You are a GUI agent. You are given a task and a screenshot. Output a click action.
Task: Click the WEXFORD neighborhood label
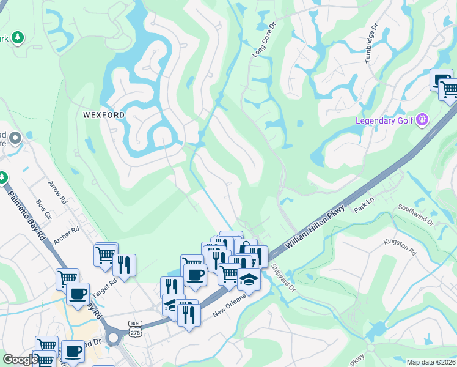[x=104, y=115]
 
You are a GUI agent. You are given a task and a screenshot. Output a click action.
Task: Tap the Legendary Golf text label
[x=384, y=120]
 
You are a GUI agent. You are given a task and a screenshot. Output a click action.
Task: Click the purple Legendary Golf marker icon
[x=422, y=120]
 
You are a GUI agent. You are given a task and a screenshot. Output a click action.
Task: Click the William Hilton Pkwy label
[x=316, y=226]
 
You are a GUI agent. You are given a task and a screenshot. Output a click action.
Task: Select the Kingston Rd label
[x=400, y=247]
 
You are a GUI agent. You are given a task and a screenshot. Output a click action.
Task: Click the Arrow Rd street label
[x=59, y=192]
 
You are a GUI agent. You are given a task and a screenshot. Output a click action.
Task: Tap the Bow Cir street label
[x=43, y=208]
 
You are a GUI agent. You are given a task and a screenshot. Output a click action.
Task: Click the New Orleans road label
[x=228, y=305]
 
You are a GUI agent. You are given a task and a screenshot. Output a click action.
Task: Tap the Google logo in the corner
[x=20, y=360]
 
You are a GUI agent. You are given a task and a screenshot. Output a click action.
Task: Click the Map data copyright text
[x=431, y=362]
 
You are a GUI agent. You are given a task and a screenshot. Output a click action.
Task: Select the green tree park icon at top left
[x=18, y=39]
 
